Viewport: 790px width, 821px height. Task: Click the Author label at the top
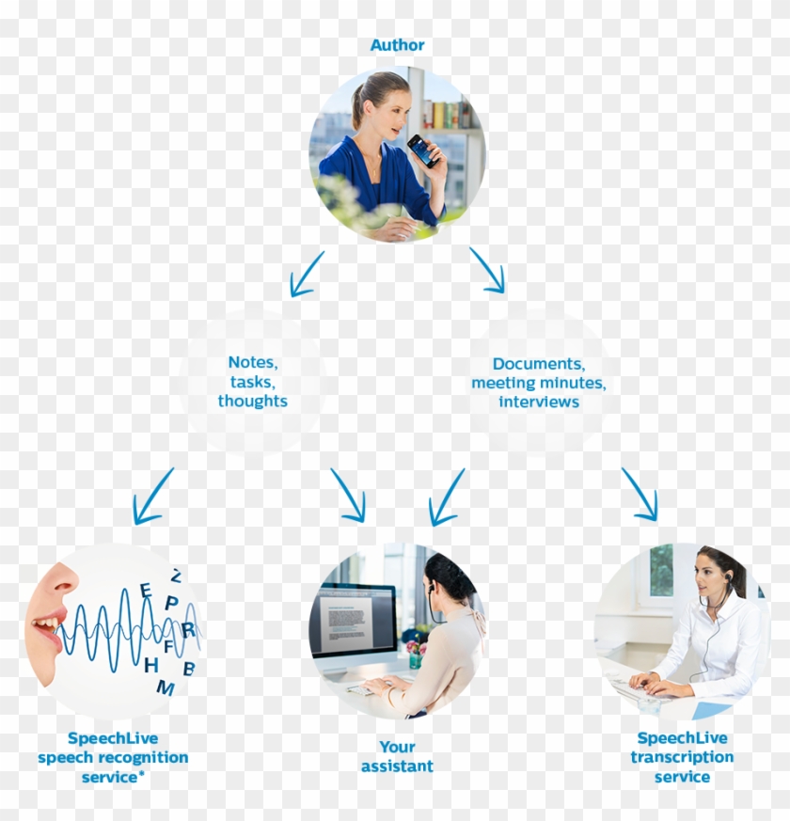coord(398,45)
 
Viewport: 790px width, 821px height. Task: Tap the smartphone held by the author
coord(424,150)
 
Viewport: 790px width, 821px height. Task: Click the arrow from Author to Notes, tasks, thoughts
coord(307,275)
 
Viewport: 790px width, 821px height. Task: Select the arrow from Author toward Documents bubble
coord(487,270)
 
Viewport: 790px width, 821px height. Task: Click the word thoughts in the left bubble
coord(253,401)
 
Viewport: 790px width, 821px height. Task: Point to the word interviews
coord(539,403)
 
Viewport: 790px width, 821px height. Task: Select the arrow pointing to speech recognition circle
coord(152,497)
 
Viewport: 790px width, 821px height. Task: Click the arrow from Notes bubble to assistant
coord(348,496)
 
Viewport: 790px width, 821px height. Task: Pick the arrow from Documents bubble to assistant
coord(447,497)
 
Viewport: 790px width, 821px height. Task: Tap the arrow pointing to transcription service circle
coord(640,495)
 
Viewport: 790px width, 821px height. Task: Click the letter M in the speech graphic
coord(166,687)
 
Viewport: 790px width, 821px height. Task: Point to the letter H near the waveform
coord(151,665)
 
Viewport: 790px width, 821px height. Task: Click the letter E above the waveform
coord(146,591)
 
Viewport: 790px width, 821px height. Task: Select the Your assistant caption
coord(398,757)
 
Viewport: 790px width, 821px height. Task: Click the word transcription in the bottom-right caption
coord(682,758)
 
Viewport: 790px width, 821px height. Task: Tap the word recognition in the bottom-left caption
coord(144,758)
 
